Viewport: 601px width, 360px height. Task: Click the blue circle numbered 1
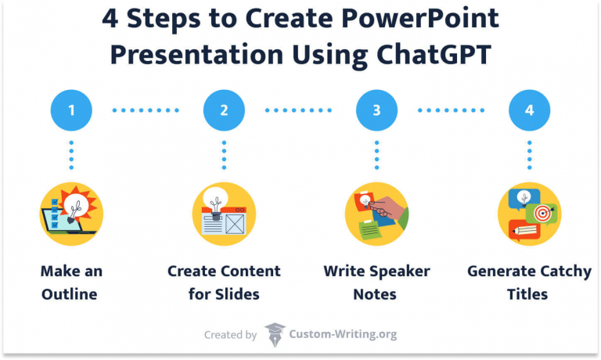click(x=71, y=110)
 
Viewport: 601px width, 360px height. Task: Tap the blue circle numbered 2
click(x=224, y=110)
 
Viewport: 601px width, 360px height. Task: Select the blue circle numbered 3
click(x=376, y=110)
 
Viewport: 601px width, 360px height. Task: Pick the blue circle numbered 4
click(x=529, y=110)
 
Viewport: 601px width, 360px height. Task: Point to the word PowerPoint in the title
click(x=422, y=18)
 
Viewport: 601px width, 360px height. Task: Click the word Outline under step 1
click(x=71, y=294)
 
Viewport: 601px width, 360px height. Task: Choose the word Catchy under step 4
click(x=565, y=272)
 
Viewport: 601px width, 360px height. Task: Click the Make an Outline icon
click(x=71, y=214)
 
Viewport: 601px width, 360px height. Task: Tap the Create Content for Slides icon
click(x=224, y=214)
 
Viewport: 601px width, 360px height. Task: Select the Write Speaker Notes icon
click(x=376, y=214)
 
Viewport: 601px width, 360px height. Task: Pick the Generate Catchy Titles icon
click(x=529, y=214)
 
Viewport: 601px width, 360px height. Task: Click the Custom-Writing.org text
click(x=344, y=334)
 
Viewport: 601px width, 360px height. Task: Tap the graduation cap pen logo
click(x=275, y=334)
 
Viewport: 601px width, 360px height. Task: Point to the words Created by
click(x=230, y=335)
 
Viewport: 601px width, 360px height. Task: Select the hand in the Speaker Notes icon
click(x=392, y=210)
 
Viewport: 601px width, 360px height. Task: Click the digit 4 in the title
click(x=111, y=18)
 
